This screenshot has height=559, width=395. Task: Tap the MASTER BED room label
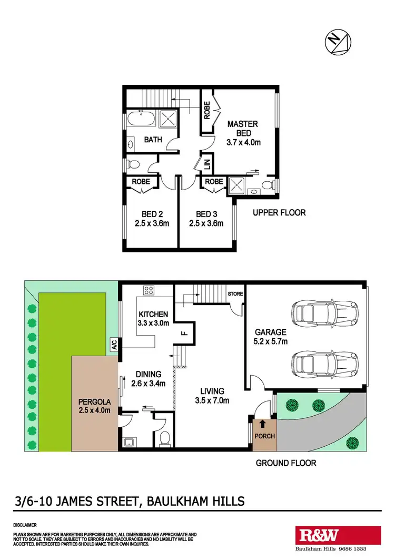pos(243,128)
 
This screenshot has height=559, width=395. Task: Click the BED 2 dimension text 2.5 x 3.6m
pos(153,223)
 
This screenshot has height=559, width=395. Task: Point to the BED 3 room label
pos(206,214)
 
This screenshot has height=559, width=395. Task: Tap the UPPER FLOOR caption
pos(279,213)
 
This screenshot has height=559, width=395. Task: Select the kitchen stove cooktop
pos(148,290)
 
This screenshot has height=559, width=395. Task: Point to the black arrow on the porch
pos(263,423)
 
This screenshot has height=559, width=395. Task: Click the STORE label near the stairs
pos(235,293)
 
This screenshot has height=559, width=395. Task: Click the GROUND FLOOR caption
pos(286,463)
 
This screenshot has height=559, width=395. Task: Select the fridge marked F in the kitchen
pos(185,332)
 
